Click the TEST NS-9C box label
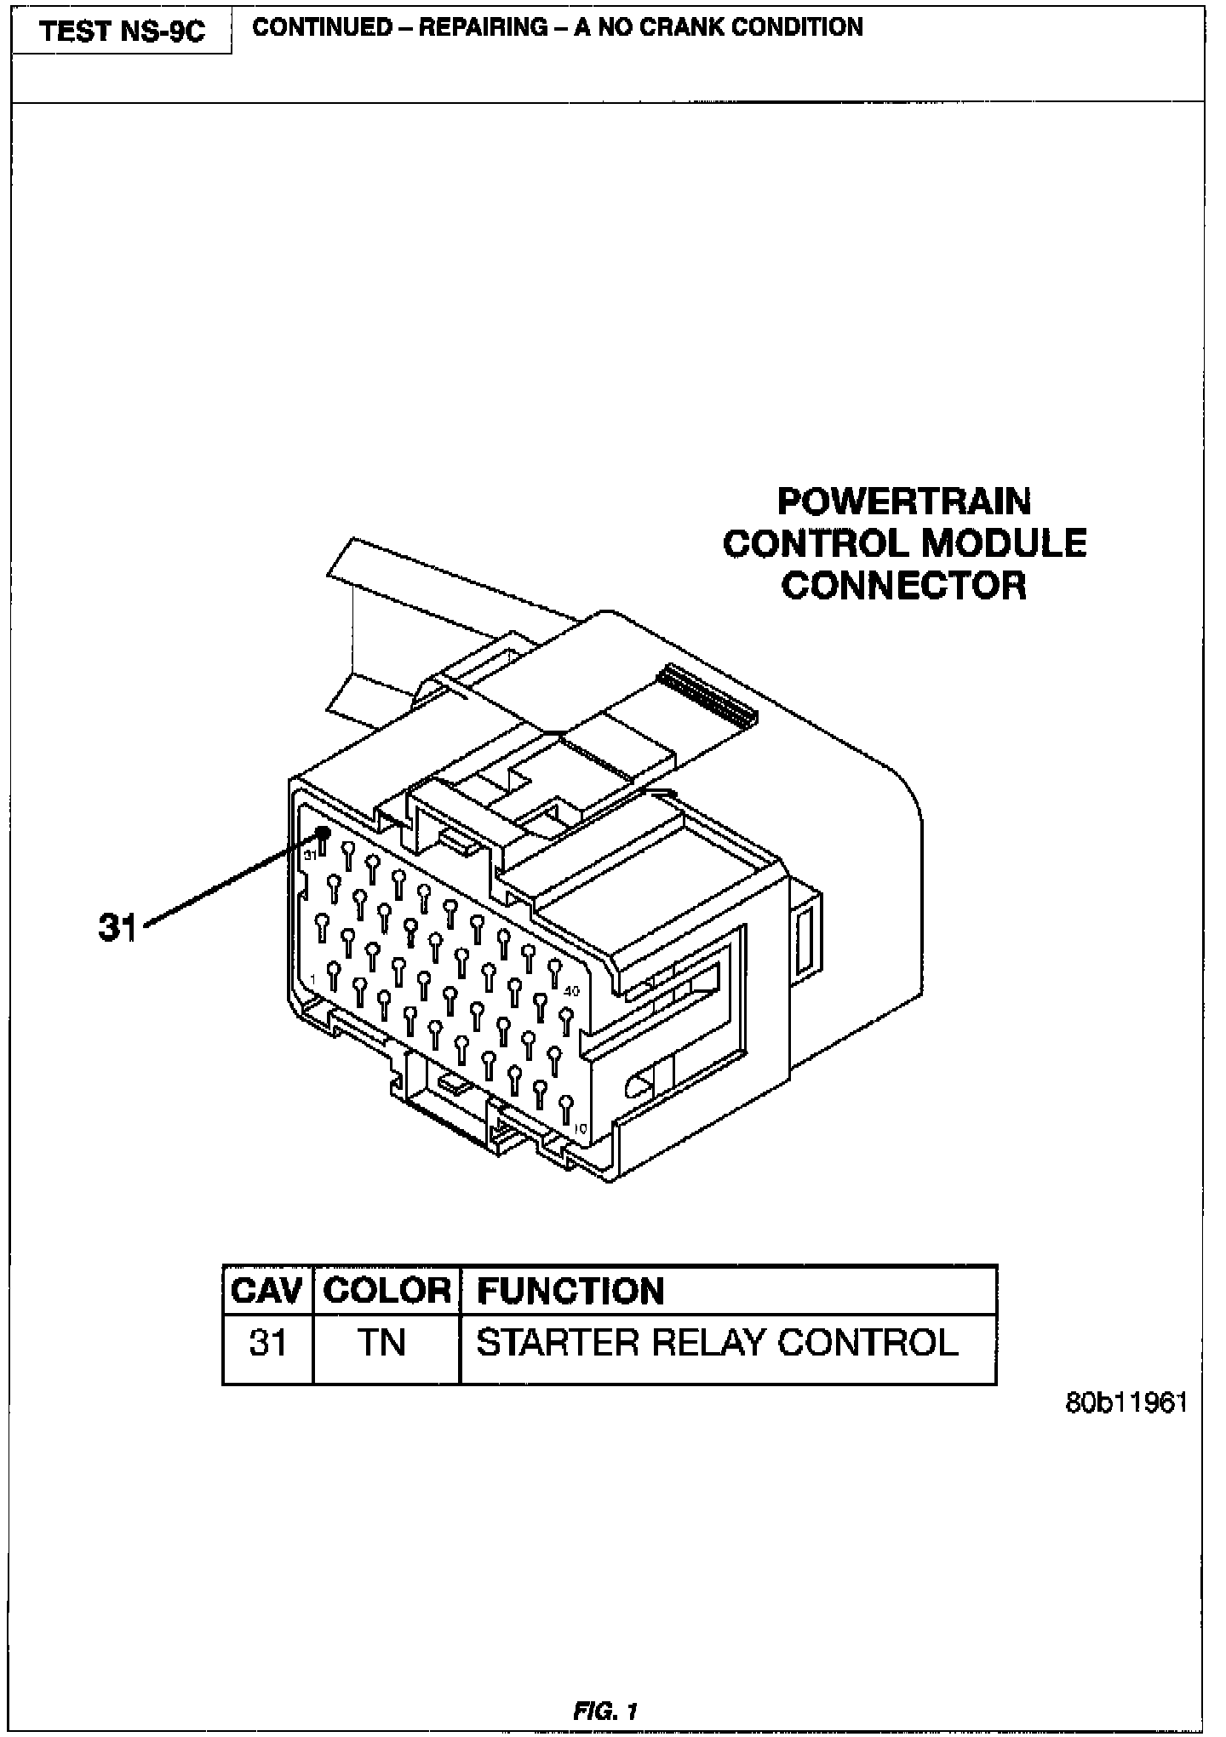[123, 32]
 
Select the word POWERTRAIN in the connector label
[904, 502]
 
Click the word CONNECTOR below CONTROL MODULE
[904, 585]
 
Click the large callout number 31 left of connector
[117, 927]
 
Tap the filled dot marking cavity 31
[323, 834]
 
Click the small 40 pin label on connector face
[571, 991]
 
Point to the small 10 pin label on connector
[580, 1129]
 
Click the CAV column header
[266, 1291]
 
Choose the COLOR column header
[387, 1291]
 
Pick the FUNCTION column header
[570, 1291]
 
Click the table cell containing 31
[267, 1344]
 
